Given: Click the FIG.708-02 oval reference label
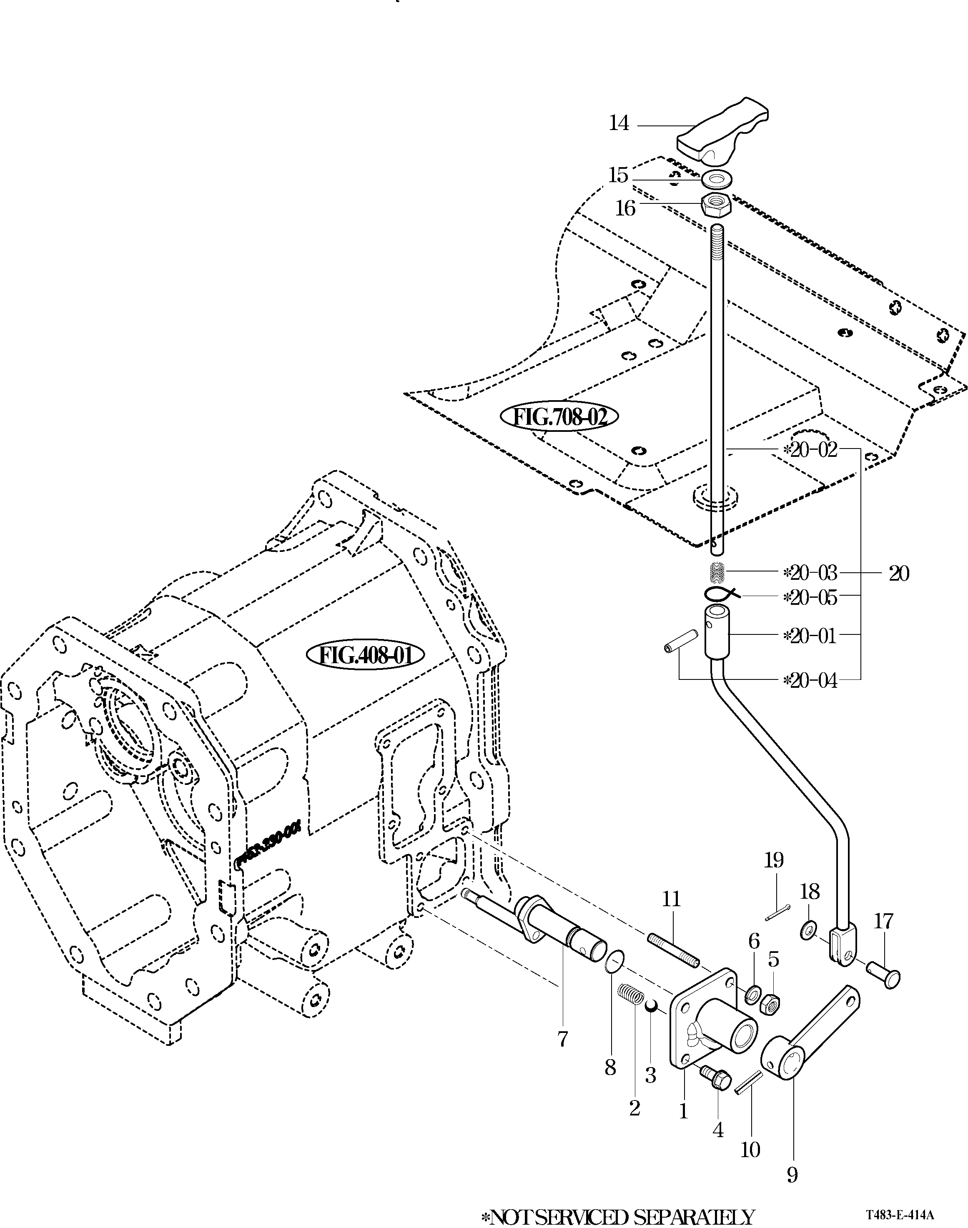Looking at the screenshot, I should pos(559,417).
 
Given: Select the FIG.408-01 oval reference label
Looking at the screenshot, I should pos(366,656).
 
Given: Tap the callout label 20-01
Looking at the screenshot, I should pos(810,636).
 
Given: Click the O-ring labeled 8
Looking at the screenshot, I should pos(614,962).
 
